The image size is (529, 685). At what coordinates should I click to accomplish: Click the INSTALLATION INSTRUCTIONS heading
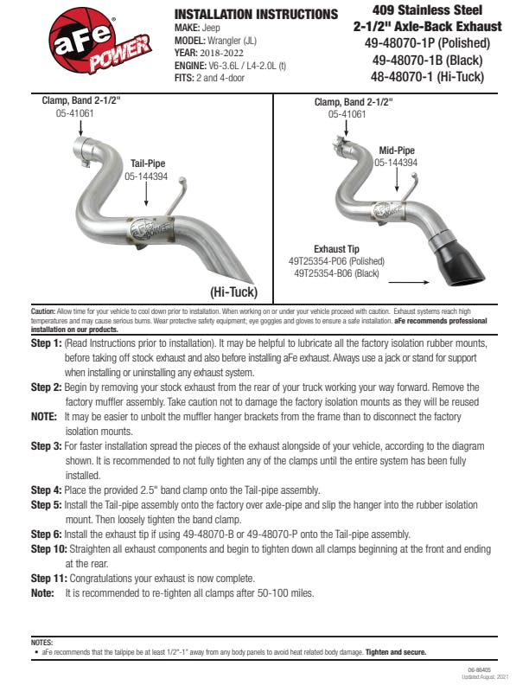click(x=256, y=15)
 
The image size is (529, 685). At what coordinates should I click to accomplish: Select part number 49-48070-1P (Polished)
click(x=429, y=43)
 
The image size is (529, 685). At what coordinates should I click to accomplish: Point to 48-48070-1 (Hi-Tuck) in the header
click(x=428, y=77)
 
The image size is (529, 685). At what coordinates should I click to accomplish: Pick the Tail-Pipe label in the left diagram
click(x=148, y=163)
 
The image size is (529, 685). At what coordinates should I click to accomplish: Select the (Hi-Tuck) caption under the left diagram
click(x=235, y=291)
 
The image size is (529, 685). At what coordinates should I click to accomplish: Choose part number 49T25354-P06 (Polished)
click(x=336, y=260)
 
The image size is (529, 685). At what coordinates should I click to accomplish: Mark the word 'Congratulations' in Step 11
click(x=106, y=578)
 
